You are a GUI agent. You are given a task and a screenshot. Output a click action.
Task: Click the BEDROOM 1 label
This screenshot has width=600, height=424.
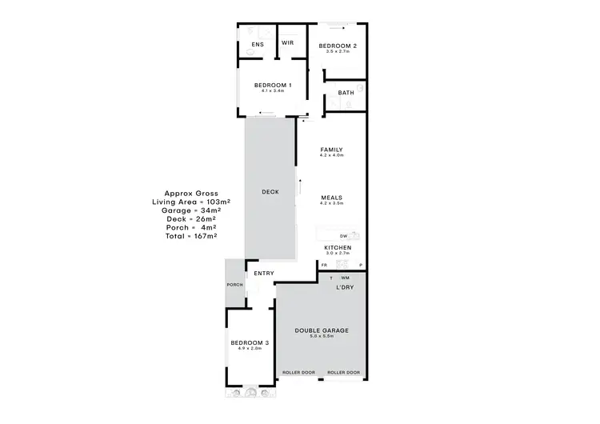[273, 85]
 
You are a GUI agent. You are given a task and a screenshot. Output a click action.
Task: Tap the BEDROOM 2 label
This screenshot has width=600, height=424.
[337, 46]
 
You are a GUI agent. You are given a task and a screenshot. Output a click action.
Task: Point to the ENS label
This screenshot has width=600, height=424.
[258, 44]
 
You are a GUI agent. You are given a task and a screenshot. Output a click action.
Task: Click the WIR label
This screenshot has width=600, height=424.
[287, 44]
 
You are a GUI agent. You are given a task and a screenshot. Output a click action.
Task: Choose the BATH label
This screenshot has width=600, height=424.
[346, 93]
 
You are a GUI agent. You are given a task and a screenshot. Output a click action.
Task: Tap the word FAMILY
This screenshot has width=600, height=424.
[331, 150]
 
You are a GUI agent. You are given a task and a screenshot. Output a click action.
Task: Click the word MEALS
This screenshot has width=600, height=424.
[331, 198]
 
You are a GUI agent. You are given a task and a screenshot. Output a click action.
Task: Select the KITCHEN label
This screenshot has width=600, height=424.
[337, 248]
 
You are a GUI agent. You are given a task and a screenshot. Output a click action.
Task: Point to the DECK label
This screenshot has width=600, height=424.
[270, 192]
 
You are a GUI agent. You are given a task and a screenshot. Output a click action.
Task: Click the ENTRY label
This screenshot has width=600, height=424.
[264, 274]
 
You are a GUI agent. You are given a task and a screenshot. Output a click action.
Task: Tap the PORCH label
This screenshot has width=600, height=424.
[234, 285]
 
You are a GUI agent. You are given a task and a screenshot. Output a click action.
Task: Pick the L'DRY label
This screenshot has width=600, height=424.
[345, 286]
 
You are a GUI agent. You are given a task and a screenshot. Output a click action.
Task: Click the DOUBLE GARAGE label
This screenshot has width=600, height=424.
[321, 330]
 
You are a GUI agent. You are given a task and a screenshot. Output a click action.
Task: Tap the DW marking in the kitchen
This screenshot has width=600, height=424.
[343, 236]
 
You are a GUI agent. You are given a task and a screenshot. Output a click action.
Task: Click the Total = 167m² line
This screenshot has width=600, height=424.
[191, 236]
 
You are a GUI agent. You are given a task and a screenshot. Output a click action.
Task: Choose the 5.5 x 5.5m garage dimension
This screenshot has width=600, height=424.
[321, 336]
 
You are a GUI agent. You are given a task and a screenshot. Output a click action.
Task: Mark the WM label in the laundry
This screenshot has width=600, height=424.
[345, 278]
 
